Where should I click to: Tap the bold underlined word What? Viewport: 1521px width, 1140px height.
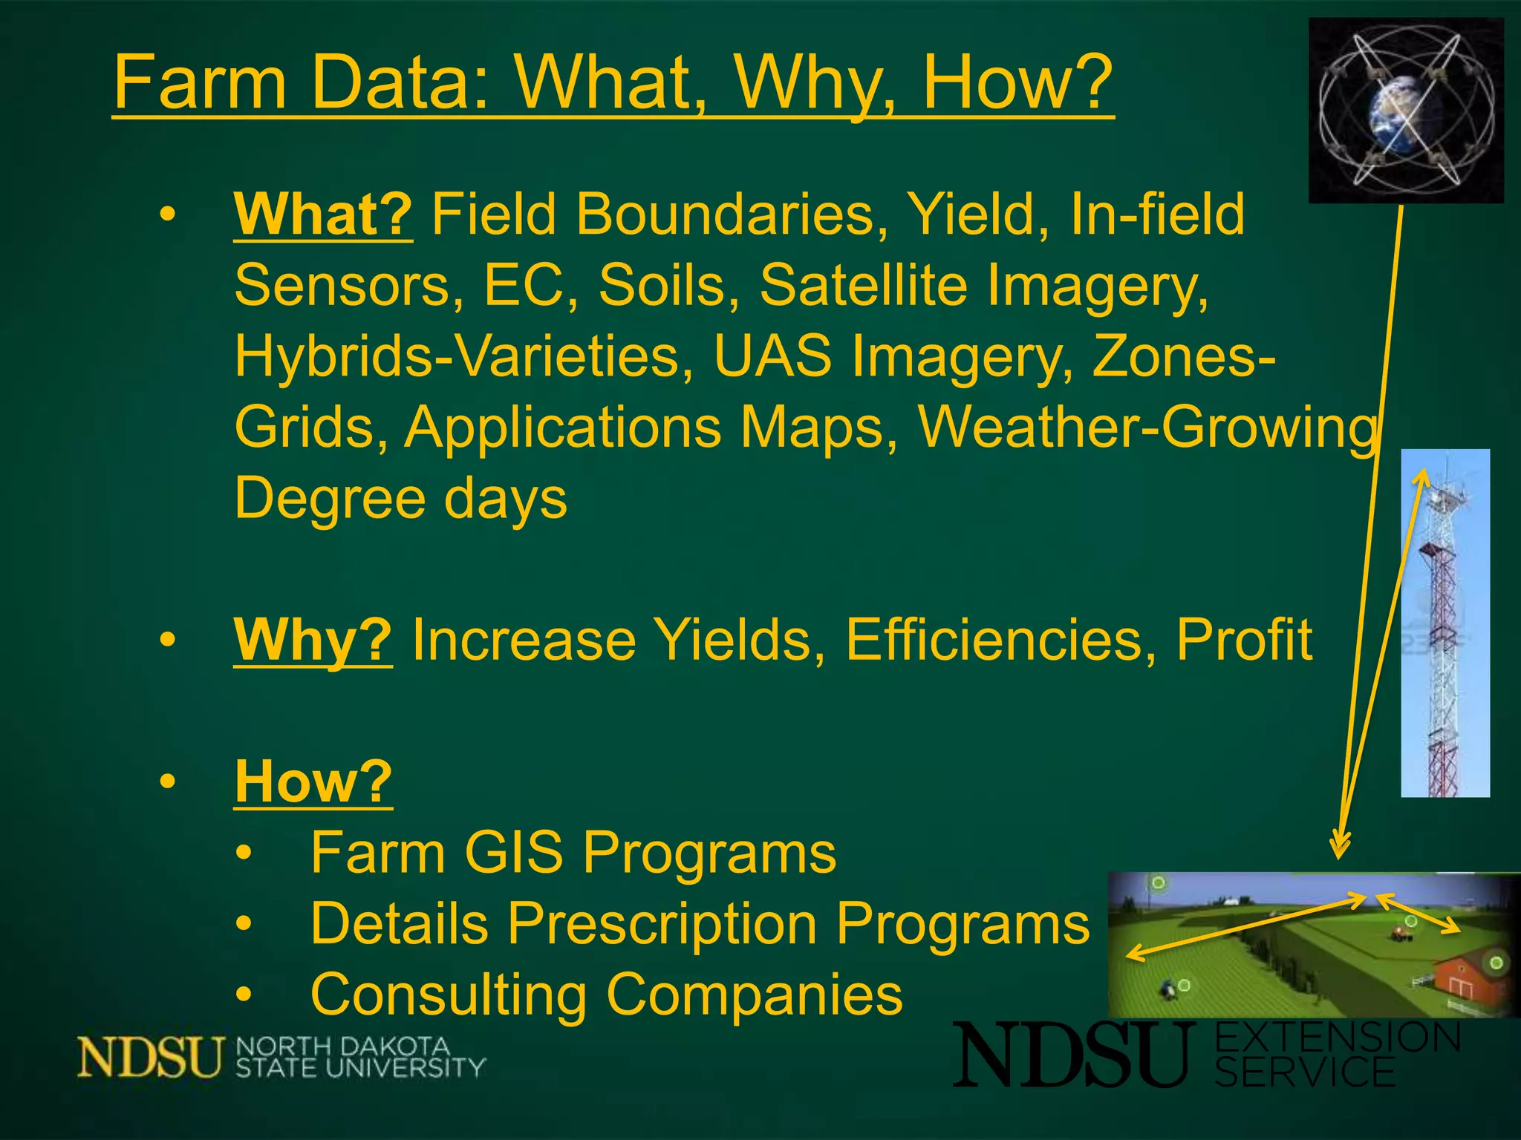coord(323,215)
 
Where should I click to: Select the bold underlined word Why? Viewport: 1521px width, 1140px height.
coord(313,640)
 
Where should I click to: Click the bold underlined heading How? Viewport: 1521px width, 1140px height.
coord(313,782)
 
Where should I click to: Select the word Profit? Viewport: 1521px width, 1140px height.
coord(1244,640)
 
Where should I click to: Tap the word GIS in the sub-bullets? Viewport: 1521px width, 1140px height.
coord(512,853)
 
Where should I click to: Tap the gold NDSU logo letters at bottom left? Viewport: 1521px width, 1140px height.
coord(149,1057)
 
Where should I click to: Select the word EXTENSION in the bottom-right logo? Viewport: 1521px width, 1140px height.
coord(1337,1038)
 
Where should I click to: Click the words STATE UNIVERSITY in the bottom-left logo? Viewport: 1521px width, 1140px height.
coord(360,1069)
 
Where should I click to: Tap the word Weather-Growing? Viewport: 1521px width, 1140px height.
coord(1147,428)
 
